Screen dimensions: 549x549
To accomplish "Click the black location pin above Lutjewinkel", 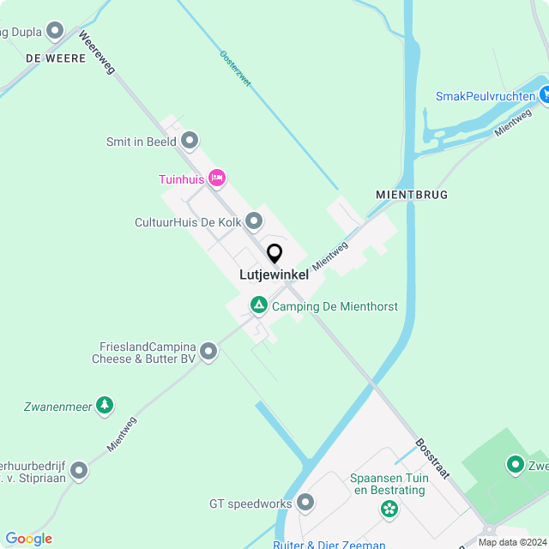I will pos(274,254).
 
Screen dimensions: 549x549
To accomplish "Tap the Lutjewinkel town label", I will pos(273,274).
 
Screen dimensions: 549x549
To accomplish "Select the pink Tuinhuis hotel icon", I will pos(216,178).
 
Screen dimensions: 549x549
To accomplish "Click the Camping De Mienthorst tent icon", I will pos(258,305).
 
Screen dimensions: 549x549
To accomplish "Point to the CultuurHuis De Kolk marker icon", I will pos(254,222).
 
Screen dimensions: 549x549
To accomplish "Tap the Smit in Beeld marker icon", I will pos(190,140).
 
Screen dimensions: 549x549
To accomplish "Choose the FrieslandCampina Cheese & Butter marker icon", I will pos(209,351).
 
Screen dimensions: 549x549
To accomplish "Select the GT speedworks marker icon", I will pos(305,503).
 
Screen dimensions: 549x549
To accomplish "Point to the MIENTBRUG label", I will pos(412,195).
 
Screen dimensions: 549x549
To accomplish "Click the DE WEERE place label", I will pos(56,57).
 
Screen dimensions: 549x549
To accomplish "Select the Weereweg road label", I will pos(96,53).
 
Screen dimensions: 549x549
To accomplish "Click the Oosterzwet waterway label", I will pos(235,69).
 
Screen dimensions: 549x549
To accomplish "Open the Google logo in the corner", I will pos(28,538).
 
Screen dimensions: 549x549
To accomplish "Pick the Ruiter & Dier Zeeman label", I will pos(329,544).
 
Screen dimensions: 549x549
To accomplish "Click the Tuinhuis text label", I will pos(182,179).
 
